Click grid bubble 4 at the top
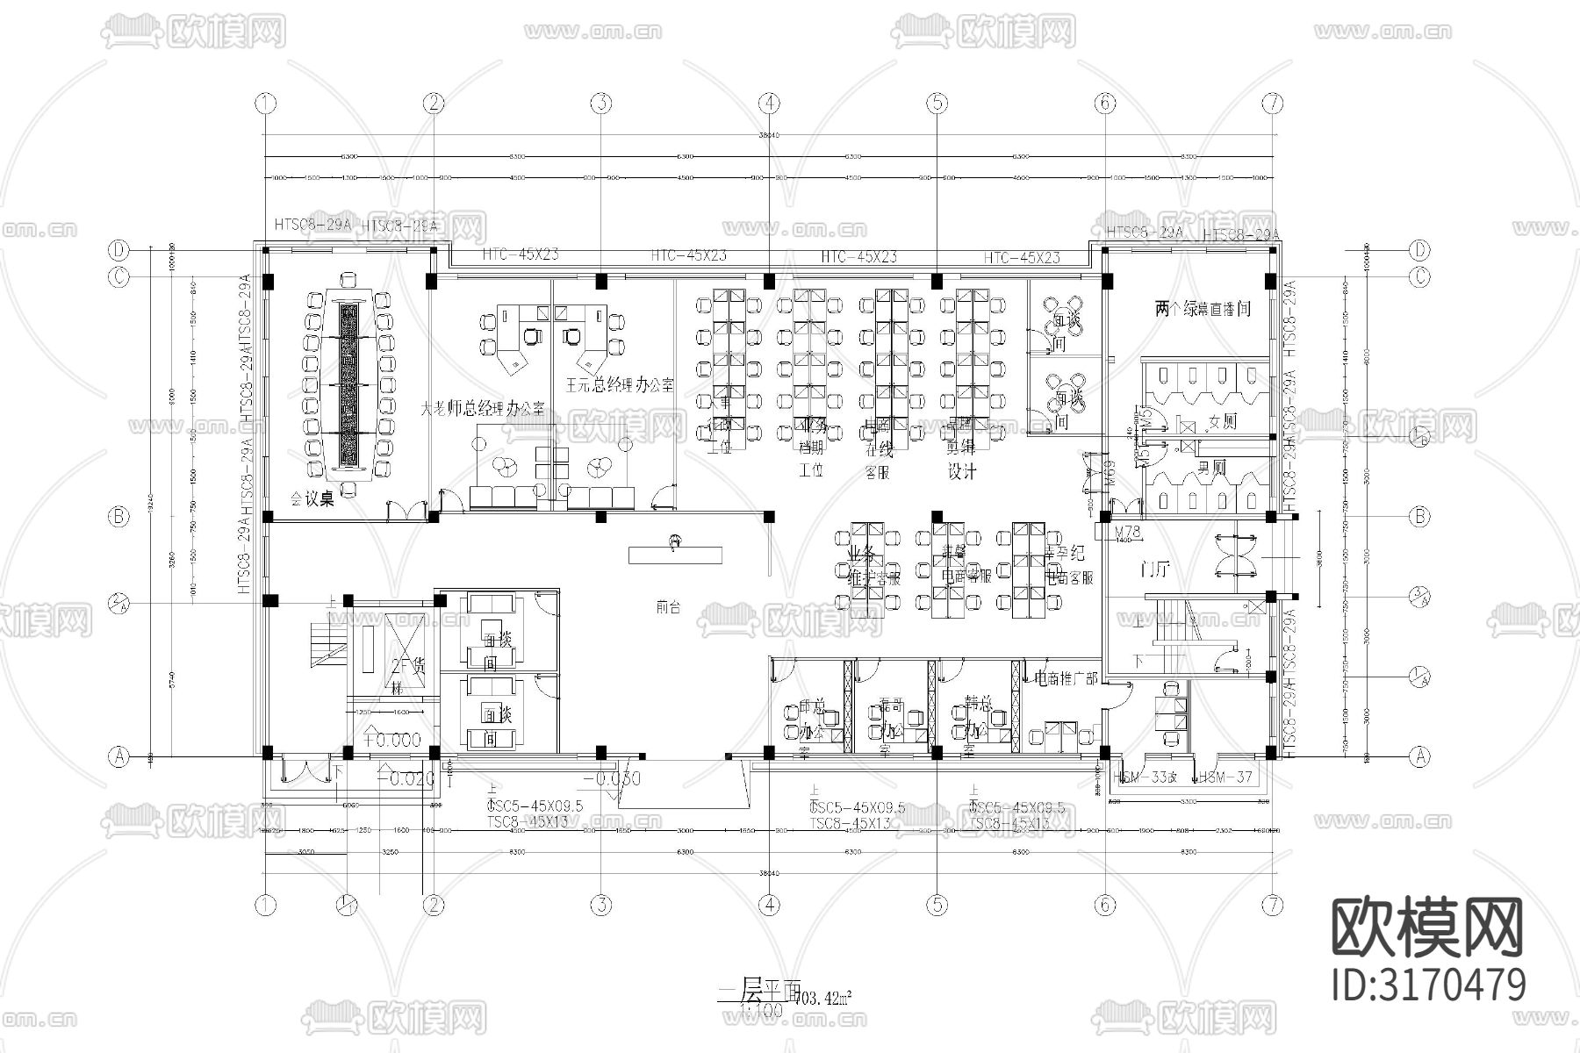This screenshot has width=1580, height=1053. point(769,104)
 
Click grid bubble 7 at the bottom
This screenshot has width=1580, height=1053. point(1273,905)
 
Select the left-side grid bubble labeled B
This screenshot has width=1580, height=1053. point(119,516)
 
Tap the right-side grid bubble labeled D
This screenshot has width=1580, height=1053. point(1419,250)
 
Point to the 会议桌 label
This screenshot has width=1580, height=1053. point(313,500)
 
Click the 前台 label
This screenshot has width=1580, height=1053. point(669,605)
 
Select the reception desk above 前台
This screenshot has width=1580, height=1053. point(675,555)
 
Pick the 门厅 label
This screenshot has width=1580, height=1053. point(1153,570)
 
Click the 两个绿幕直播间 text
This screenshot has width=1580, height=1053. point(1203,309)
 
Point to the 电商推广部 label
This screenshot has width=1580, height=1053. point(1066,678)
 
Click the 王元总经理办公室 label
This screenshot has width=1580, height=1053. point(620,384)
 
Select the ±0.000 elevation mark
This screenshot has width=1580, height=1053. point(392,740)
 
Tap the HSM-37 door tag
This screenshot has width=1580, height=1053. point(1225,777)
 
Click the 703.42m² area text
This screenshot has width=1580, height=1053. point(822,998)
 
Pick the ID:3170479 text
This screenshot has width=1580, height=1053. point(1428,985)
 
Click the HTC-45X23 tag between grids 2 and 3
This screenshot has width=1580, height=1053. point(521,254)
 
